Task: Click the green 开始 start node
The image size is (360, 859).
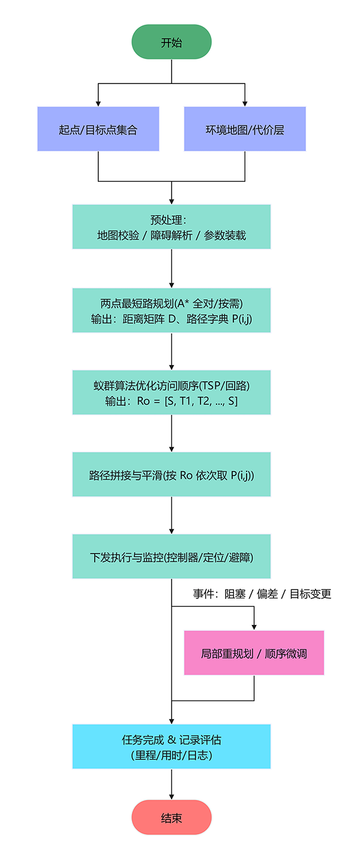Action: point(172,42)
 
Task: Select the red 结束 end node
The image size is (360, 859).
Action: point(172,818)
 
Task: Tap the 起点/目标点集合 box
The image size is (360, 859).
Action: point(98,129)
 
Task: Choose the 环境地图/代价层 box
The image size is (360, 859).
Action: point(245,129)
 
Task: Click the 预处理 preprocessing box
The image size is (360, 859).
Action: point(172,227)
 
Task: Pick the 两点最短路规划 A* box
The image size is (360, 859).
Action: point(172,310)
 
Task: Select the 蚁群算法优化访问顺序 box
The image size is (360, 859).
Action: point(172,393)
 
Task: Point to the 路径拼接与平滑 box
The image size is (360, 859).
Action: point(172,475)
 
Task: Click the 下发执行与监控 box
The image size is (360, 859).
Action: point(172,556)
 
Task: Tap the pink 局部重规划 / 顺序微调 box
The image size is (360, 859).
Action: point(254,653)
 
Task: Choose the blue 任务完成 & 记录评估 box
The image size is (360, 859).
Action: point(172,747)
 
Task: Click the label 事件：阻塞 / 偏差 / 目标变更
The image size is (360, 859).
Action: point(262,594)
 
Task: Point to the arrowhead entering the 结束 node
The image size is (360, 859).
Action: point(172,796)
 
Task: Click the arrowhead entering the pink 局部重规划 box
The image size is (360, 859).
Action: point(254,627)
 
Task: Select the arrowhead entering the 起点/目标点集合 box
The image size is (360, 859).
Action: point(98,103)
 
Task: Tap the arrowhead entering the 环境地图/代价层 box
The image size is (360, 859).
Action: point(245,103)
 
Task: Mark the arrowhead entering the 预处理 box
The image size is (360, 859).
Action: point(172,201)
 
